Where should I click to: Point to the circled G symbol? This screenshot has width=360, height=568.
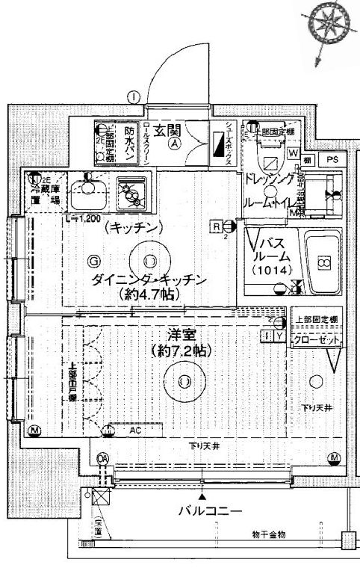coord(94,261)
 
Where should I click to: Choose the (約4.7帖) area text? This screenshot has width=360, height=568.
coord(149,295)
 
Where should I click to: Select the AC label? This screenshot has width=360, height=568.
coord(135,431)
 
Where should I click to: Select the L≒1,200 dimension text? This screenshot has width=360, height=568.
coord(84,219)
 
